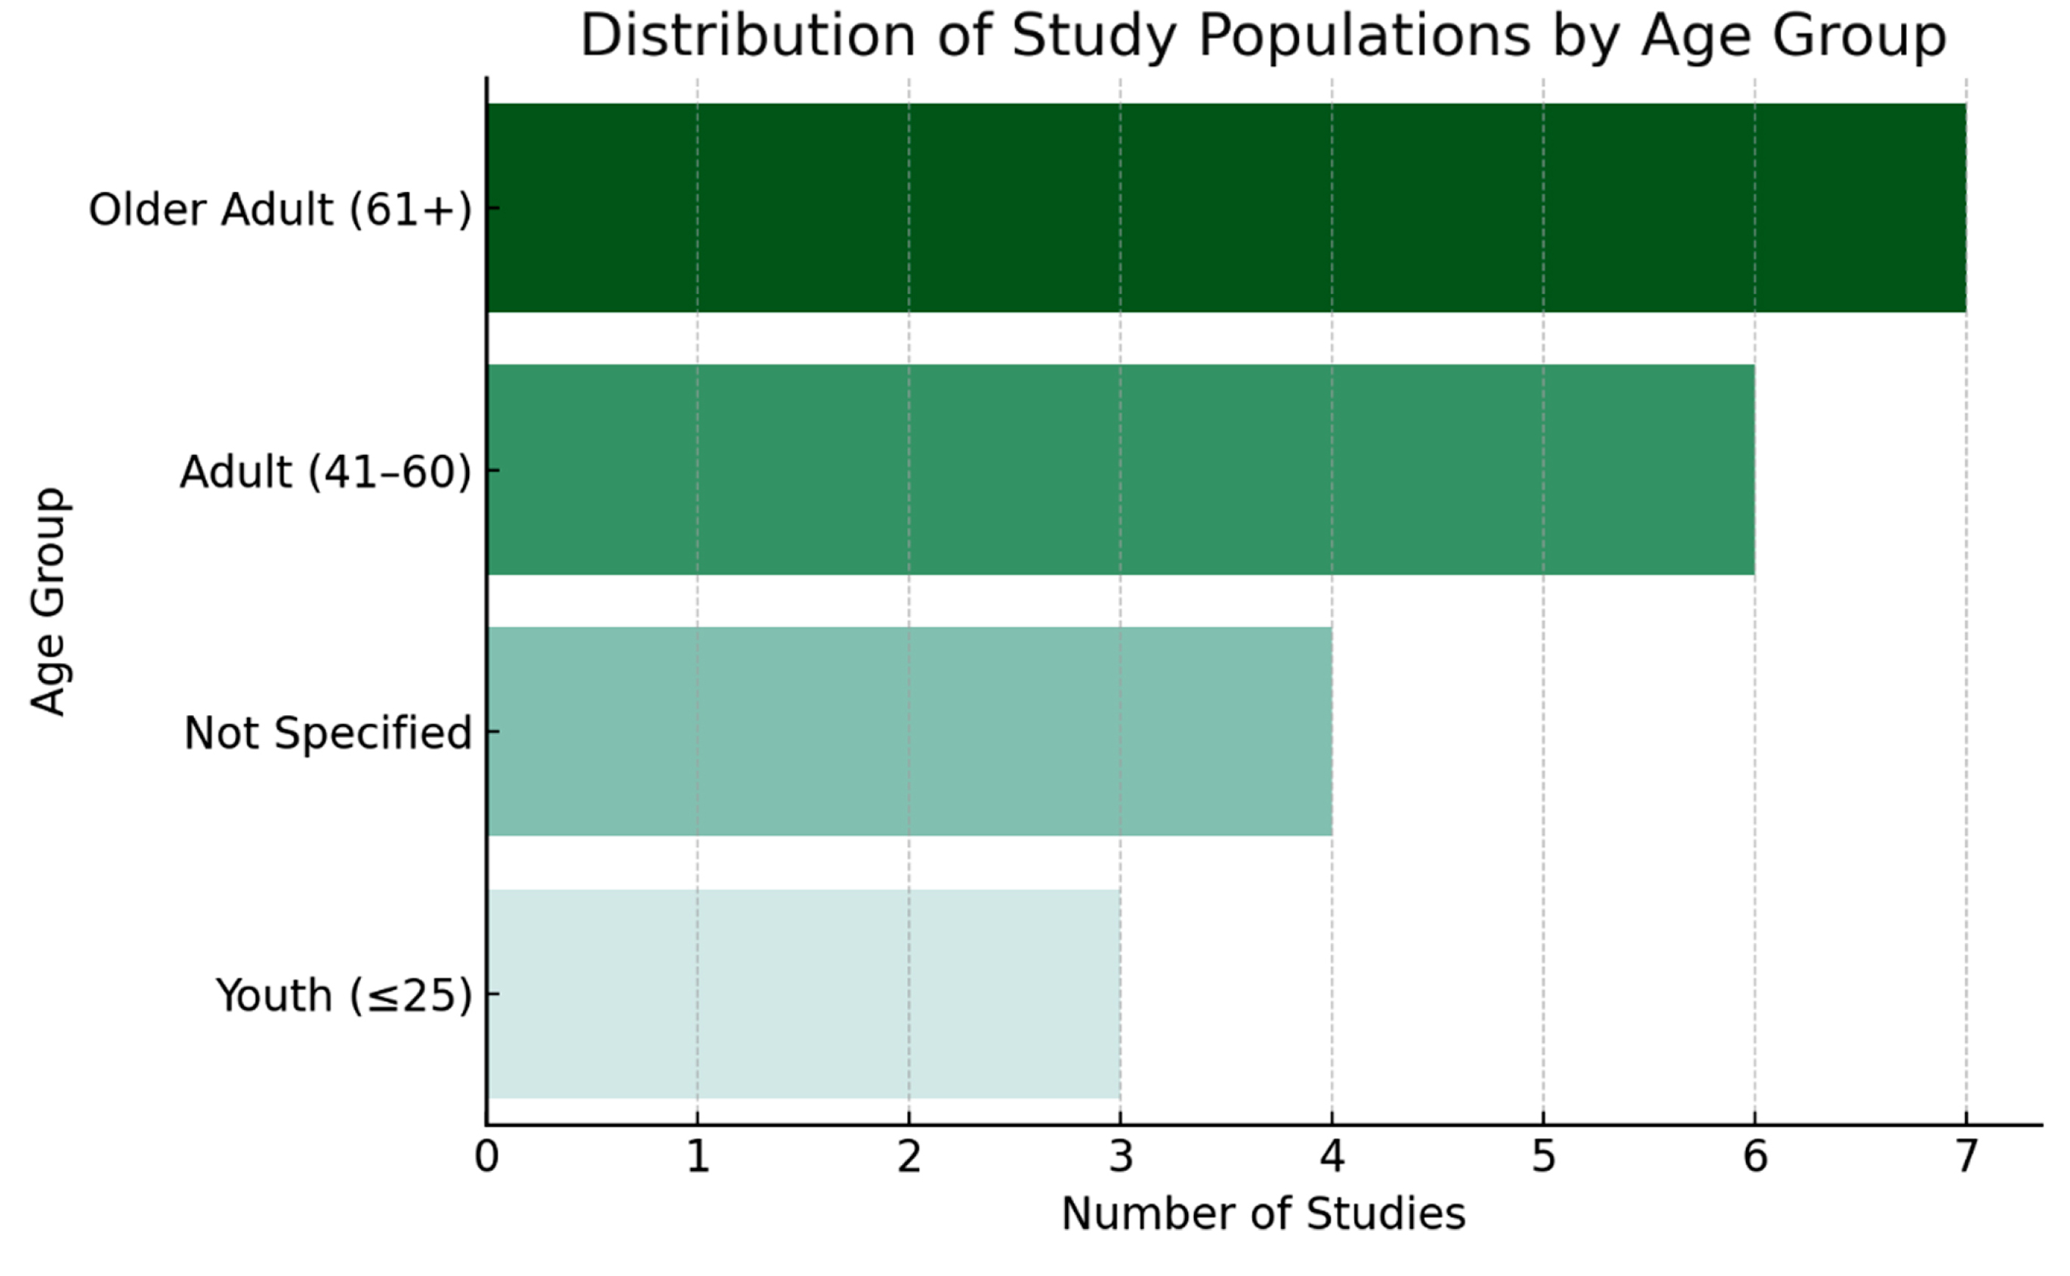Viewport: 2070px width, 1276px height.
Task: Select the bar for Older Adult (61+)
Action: (x=1225, y=207)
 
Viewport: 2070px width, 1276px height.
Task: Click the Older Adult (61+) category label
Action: (x=280, y=209)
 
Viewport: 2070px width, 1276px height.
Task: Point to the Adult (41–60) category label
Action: (x=325, y=471)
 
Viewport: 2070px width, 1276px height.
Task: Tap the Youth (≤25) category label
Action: (x=343, y=995)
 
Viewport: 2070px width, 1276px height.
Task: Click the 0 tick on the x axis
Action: (x=486, y=1157)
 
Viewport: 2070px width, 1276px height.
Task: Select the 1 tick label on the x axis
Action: (x=697, y=1157)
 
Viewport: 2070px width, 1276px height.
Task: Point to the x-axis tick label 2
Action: (x=909, y=1157)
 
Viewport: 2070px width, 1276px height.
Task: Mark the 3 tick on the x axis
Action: (x=1121, y=1157)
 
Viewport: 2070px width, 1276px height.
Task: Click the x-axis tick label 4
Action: (x=1332, y=1157)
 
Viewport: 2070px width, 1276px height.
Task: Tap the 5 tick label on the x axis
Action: (x=1544, y=1157)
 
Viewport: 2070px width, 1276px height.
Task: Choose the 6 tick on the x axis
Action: (x=1755, y=1157)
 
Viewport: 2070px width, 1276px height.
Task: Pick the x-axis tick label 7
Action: (x=1966, y=1157)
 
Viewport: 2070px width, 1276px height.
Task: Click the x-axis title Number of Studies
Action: (x=1264, y=1214)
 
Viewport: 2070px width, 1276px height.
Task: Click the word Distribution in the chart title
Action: (x=748, y=36)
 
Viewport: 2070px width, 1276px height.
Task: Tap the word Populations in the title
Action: (x=1364, y=36)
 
